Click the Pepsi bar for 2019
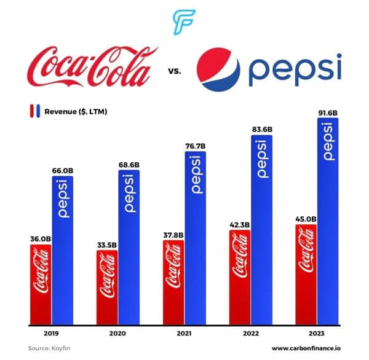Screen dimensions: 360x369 pos(63,249)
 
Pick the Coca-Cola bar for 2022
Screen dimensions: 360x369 pos(240,277)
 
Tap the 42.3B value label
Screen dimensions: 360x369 pos(240,224)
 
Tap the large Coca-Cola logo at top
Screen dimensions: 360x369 pos(90,68)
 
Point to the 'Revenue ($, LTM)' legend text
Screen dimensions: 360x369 pos(80,112)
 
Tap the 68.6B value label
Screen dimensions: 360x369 pos(129,165)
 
